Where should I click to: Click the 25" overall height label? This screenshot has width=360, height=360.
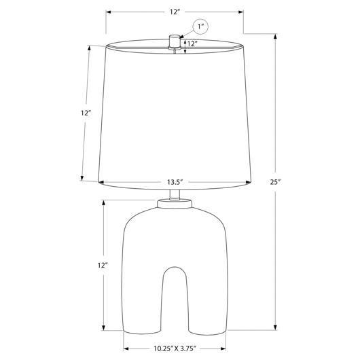[x=275, y=182]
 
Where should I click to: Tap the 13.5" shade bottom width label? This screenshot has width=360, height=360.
[x=175, y=182]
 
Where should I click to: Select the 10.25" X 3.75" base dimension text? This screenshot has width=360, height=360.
[x=175, y=348]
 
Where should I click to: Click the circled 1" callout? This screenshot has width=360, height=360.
[x=200, y=26]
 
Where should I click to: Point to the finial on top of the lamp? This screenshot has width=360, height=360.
[x=175, y=42]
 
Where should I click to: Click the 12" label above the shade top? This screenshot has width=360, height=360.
[x=175, y=12]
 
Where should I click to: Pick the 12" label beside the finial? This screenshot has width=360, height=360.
[x=192, y=43]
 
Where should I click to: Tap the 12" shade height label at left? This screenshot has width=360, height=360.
[x=86, y=113]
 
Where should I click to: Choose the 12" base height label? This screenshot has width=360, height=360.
[x=103, y=266]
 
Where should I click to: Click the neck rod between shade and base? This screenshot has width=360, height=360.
[x=175, y=195]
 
